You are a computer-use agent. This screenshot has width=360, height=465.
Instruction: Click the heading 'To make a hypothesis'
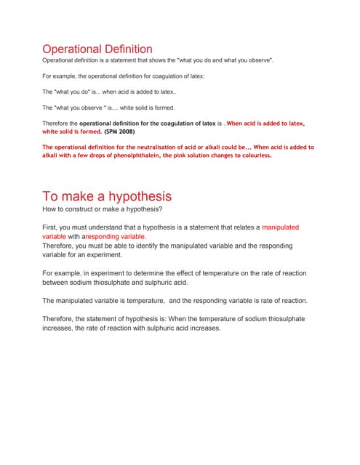click(107, 196)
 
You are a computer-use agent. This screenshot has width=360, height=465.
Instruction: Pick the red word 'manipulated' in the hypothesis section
click(280, 227)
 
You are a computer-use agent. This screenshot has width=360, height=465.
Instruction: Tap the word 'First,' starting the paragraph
click(52, 227)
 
